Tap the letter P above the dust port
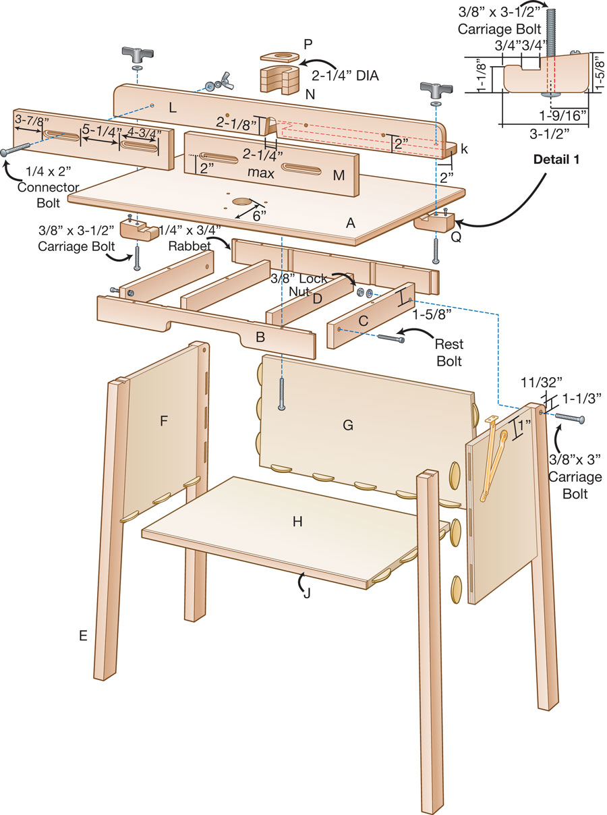(x=308, y=45)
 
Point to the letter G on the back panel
(x=348, y=425)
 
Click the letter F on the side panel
(x=163, y=421)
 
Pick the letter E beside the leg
(x=83, y=636)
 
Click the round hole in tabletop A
(x=241, y=202)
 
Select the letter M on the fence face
(x=339, y=175)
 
